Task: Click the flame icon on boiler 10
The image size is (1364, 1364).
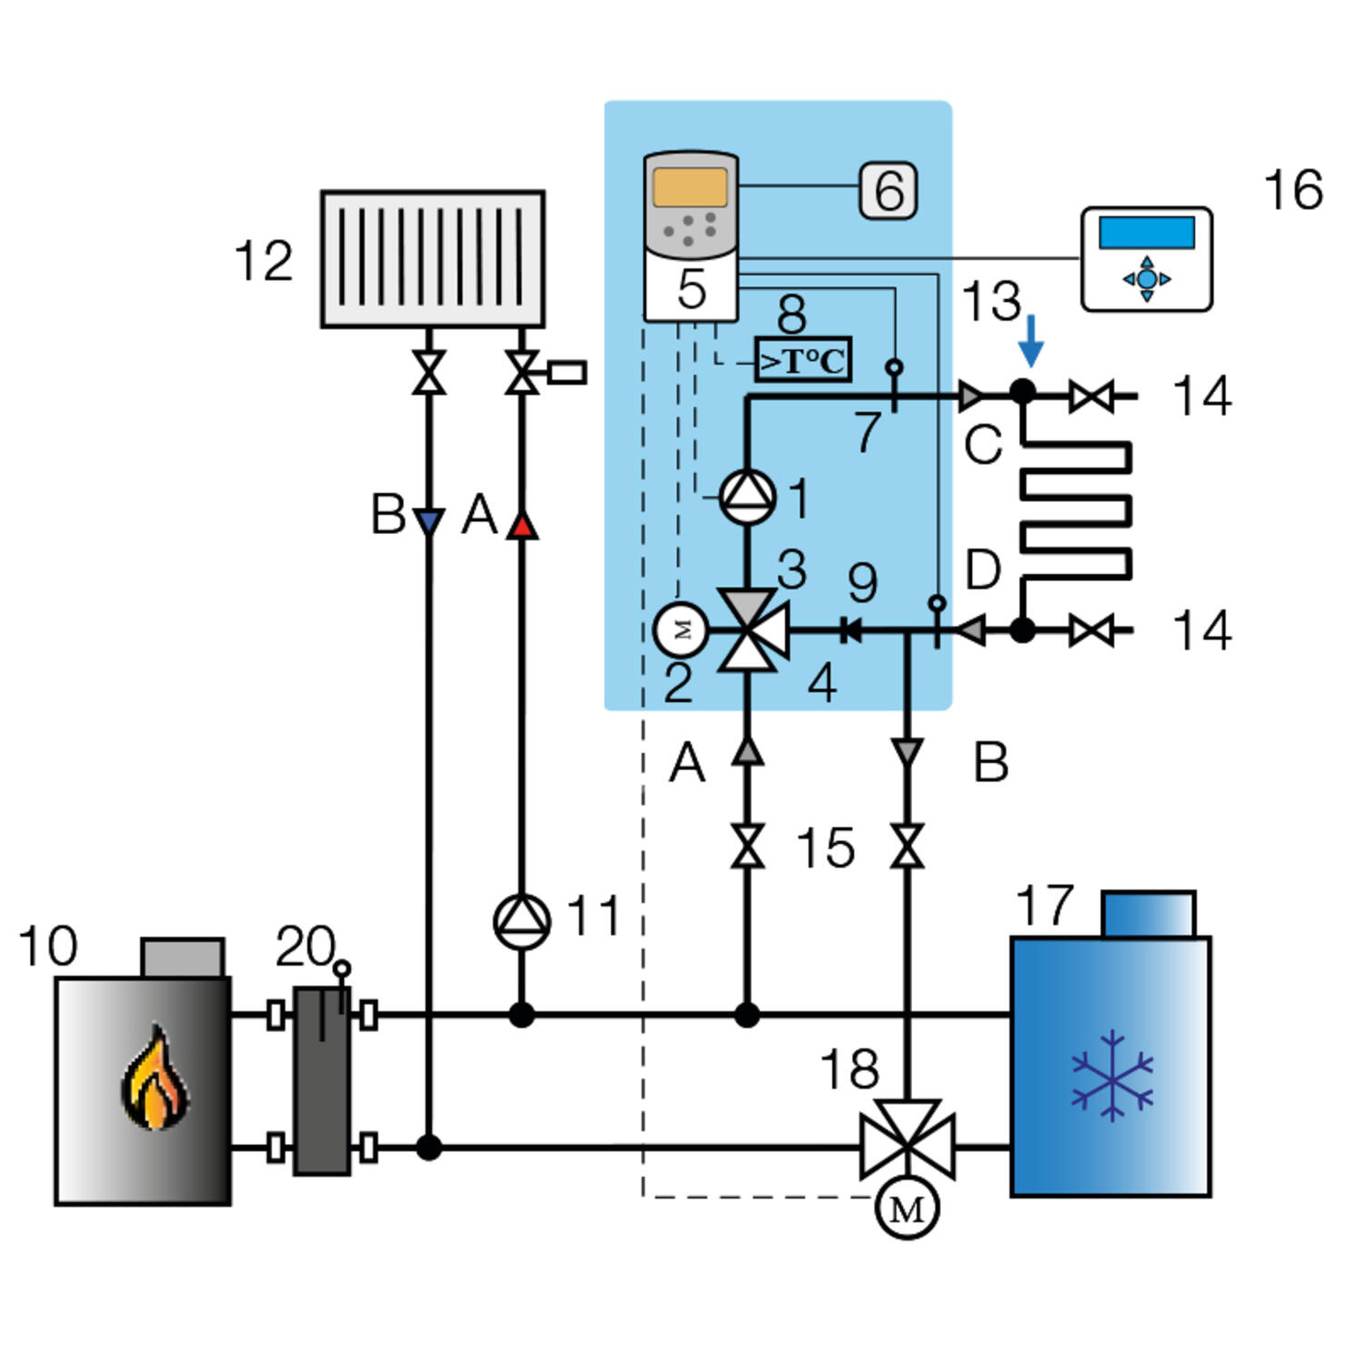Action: coord(155,1078)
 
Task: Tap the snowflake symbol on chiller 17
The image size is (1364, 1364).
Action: coord(1112,1076)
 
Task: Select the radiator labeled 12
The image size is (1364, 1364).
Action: coord(433,259)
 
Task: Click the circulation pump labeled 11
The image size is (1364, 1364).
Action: coord(522,922)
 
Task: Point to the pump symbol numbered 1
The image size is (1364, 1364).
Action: coord(747,496)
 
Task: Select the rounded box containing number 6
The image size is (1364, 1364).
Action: coord(888,190)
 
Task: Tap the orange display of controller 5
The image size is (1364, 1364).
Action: coord(690,186)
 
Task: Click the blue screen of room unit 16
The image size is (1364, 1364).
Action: coord(1146,232)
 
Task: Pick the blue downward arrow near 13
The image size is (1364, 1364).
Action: coord(1030,341)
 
